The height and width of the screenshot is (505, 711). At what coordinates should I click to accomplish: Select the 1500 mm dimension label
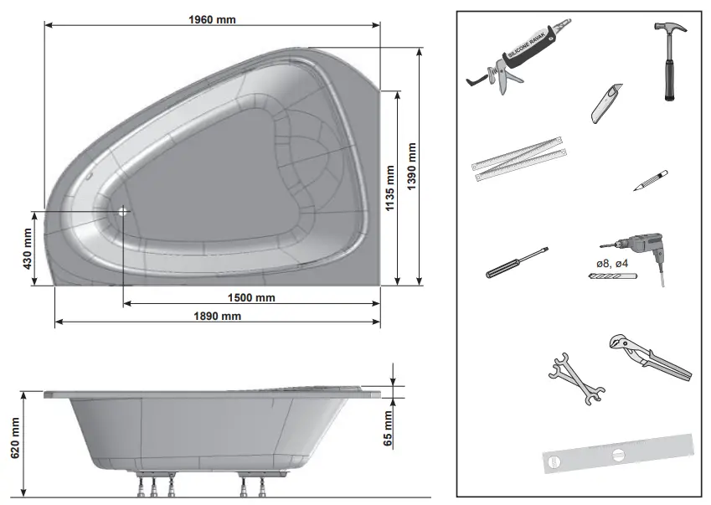[251, 297]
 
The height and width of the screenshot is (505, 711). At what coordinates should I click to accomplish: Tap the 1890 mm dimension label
[218, 316]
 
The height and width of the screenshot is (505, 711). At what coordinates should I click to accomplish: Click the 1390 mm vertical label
[410, 167]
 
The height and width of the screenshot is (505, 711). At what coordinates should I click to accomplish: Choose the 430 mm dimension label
[27, 249]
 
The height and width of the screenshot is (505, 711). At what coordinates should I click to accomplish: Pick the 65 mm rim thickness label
[389, 429]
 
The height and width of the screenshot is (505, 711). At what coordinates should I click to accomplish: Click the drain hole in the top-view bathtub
[123, 211]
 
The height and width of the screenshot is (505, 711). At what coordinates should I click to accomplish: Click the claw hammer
[670, 59]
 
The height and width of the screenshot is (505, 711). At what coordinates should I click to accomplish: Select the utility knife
[601, 103]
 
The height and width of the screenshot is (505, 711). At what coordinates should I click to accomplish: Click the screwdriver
[516, 261]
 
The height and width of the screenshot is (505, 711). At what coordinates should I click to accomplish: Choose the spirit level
[618, 453]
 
